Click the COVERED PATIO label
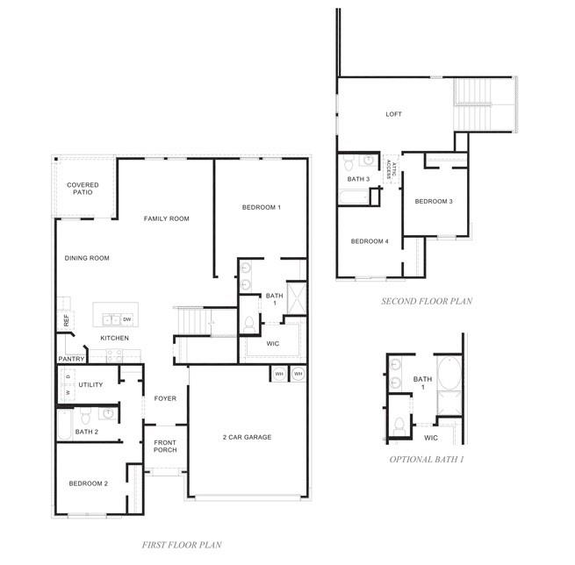point(83,189)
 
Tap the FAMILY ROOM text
point(167,218)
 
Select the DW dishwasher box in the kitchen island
point(127,319)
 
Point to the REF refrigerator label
point(67,320)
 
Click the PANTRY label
point(71,359)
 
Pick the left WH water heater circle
point(279,374)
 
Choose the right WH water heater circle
point(298,374)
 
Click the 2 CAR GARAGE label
point(248,437)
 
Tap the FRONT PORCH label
point(165,447)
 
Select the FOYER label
point(165,398)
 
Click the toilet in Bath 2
point(85,415)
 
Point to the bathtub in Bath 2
point(65,425)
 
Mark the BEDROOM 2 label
point(89,483)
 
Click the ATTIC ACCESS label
point(392,169)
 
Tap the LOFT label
point(393,114)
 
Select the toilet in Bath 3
point(349,162)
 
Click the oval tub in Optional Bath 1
point(449,374)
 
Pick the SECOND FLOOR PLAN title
point(427,301)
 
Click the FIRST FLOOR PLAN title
point(182,545)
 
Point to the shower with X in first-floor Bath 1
point(297,298)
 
